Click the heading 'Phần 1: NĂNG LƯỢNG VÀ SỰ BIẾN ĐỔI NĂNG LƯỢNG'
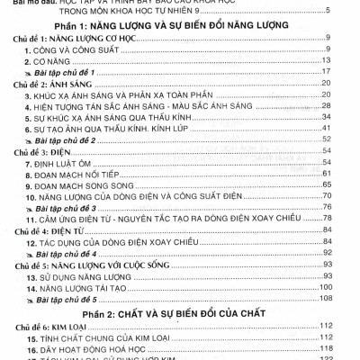pyautogui.click(x=180, y=26)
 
